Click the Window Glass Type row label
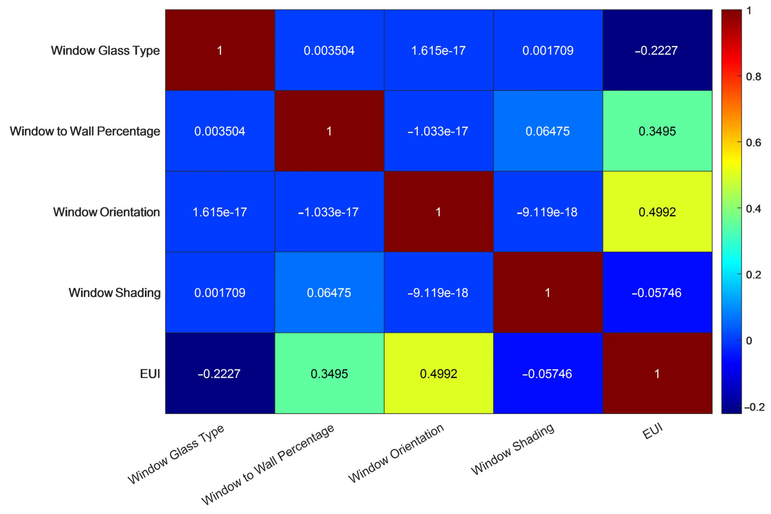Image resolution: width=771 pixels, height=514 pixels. point(105,50)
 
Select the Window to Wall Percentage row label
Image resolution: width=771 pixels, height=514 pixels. point(85,131)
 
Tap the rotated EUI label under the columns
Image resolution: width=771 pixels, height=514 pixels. point(652,431)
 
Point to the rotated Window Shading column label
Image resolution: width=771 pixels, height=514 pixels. point(512,449)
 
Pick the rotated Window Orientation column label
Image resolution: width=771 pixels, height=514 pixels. point(396,453)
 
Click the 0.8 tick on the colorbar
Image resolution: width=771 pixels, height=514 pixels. point(753,77)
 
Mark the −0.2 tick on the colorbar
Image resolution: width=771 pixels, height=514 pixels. point(754,407)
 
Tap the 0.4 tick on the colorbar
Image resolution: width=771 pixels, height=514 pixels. point(753,209)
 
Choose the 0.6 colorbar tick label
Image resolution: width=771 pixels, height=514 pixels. point(753,143)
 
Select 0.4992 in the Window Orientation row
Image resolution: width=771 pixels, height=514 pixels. point(657,212)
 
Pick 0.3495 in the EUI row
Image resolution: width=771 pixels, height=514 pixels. point(329,374)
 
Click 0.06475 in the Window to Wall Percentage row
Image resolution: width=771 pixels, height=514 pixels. point(548,131)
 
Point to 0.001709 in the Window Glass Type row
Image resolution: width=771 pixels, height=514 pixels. point(548,50)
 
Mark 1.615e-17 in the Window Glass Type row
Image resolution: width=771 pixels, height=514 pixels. point(438,50)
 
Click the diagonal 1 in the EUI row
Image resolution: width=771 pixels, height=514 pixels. point(657,374)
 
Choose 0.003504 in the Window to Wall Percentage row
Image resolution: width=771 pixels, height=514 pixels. point(220,131)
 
